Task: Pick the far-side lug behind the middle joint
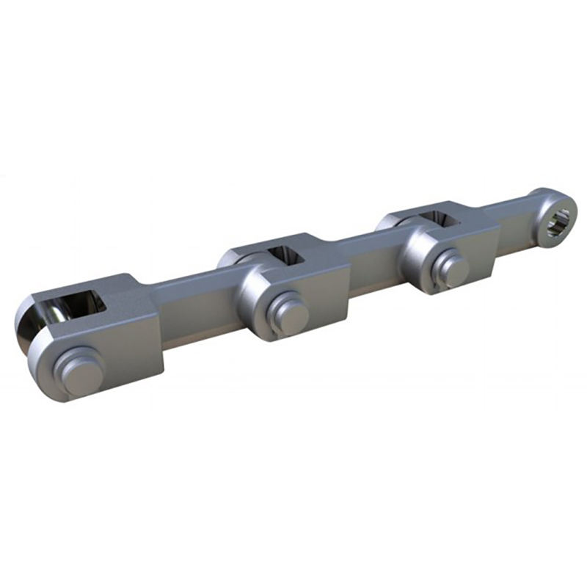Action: click(x=233, y=255)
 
